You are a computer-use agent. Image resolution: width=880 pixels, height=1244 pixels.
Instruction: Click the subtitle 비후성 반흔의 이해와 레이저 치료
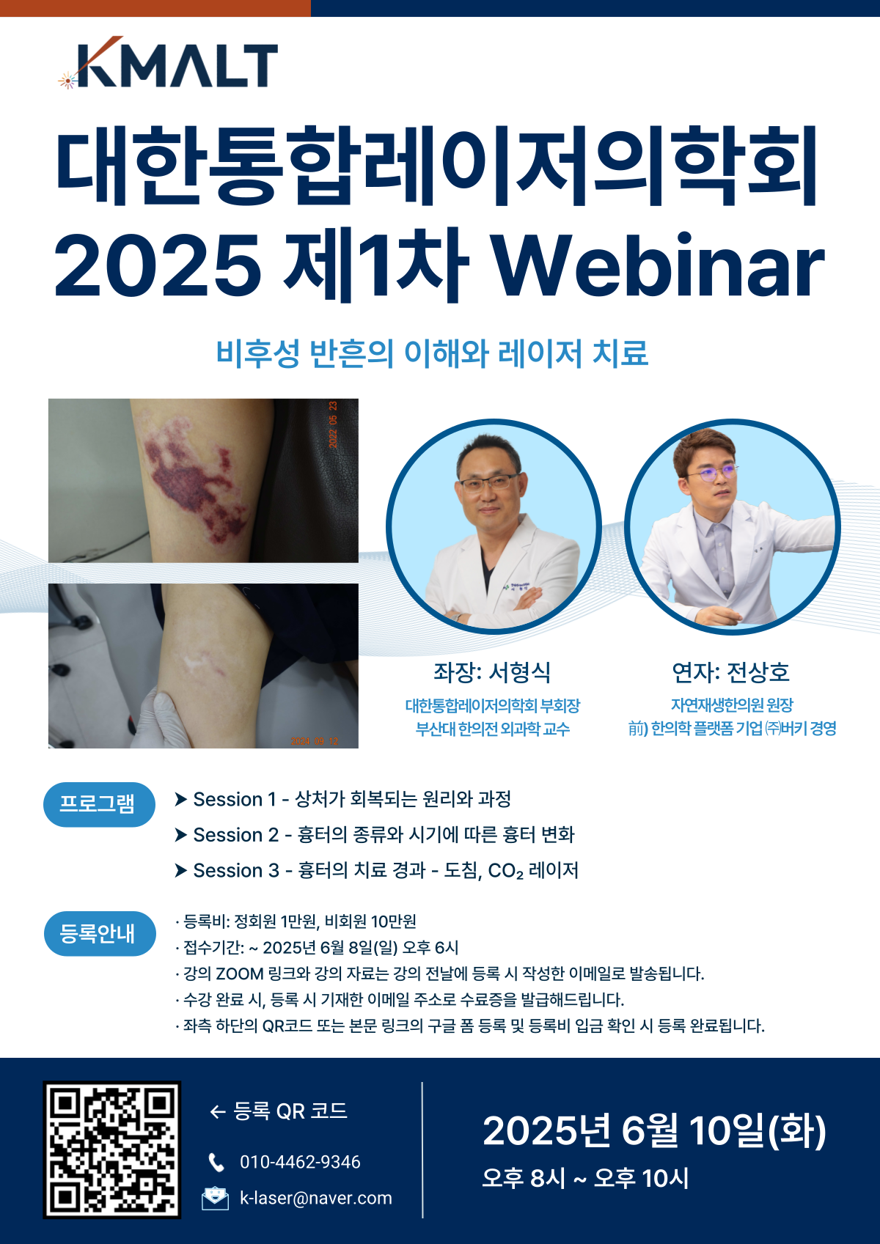(432, 353)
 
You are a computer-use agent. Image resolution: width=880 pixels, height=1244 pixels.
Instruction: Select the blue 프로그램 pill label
(99, 804)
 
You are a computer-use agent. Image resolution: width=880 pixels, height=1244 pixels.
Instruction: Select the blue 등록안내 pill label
(100, 933)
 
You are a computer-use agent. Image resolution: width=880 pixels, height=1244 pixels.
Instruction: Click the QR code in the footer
(111, 1149)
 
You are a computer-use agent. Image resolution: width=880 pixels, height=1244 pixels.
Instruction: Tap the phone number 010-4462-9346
(300, 1162)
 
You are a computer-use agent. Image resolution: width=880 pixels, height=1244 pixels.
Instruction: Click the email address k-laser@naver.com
(315, 1198)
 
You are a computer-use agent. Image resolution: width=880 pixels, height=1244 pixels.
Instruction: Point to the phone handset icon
(216, 1163)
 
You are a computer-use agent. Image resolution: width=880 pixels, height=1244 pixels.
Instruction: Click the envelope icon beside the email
(215, 1198)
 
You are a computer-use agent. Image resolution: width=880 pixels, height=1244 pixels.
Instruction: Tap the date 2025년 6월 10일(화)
(654, 1130)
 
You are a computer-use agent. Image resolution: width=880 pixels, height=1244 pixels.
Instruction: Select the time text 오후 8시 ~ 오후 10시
(585, 1178)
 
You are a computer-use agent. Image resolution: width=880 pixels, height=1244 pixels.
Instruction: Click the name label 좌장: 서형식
(491, 672)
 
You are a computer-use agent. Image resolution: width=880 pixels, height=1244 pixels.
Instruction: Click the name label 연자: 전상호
(730, 672)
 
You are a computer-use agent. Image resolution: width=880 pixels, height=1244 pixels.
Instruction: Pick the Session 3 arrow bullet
(180, 870)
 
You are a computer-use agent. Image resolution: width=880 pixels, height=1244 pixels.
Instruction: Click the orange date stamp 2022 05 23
(333, 424)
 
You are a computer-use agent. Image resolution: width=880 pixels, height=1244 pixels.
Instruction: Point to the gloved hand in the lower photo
(162, 718)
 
